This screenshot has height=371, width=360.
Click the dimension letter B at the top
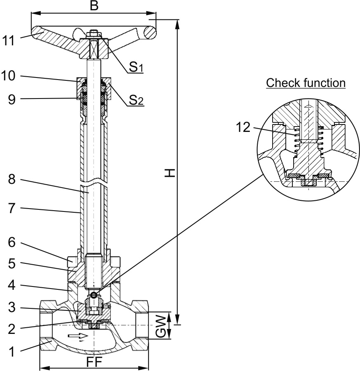pyautogui.click(x=94, y=6)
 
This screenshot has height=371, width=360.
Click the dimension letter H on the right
pyautogui.click(x=170, y=173)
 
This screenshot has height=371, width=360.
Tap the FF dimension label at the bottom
pyautogui.click(x=94, y=362)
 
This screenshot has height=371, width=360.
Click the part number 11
pyautogui.click(x=8, y=40)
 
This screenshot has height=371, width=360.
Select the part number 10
pyautogui.click(x=8, y=76)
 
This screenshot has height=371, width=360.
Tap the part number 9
pyautogui.click(x=12, y=99)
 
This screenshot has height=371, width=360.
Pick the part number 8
pyautogui.click(x=12, y=179)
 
